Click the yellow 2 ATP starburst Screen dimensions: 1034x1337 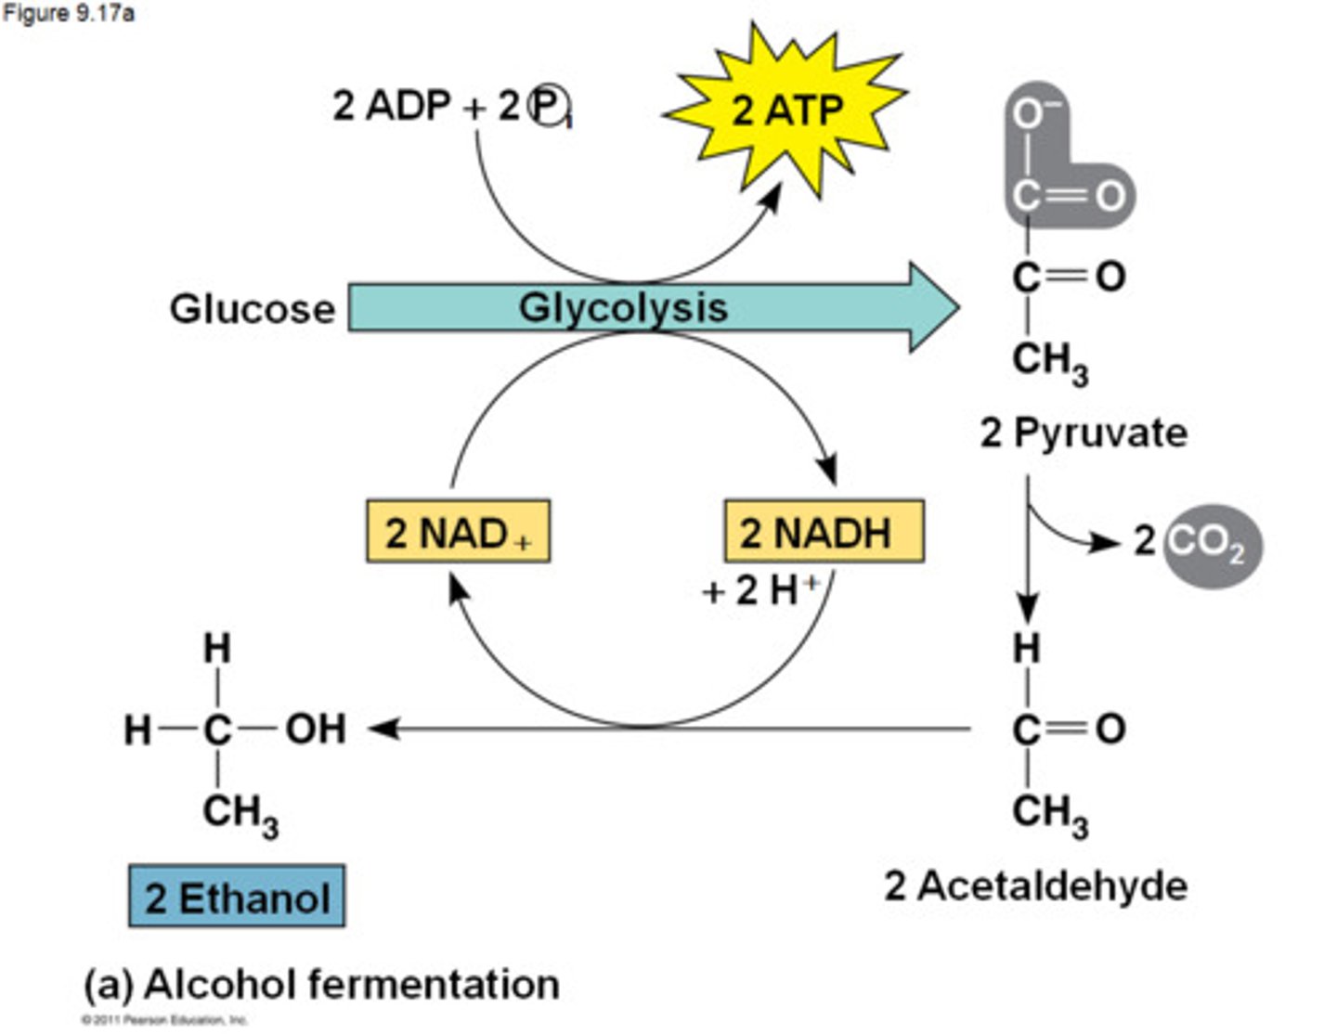[785, 110]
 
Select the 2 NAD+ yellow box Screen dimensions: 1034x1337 [458, 532]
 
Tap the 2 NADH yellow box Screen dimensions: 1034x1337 [824, 532]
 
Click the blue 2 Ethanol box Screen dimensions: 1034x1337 [237, 897]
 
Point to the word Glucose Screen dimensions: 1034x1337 [252, 308]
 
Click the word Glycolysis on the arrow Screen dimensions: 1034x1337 [622, 307]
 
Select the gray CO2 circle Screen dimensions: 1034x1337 [1212, 545]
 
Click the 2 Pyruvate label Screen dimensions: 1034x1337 [1084, 433]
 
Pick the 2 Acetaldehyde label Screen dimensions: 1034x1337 [1035, 885]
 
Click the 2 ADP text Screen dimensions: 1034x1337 [391, 106]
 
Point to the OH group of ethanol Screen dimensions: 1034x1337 [316, 729]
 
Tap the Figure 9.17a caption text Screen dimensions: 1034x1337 [68, 14]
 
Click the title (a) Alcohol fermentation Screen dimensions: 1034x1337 [321, 984]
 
